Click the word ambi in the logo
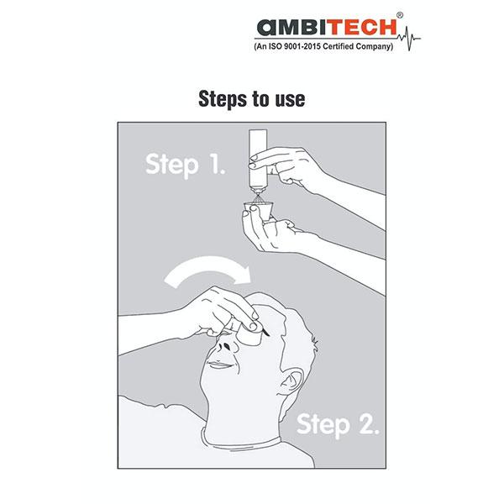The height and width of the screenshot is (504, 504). [x=289, y=27]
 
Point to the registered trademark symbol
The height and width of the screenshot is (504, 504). [x=400, y=15]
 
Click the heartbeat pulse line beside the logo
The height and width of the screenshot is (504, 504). [x=408, y=39]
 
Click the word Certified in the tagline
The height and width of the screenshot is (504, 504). [x=338, y=46]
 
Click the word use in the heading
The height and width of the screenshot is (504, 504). [x=290, y=100]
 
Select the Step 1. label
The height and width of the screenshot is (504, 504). [x=185, y=165]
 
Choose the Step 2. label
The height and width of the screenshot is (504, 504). [x=338, y=425]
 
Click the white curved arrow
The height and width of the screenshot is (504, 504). [x=208, y=267]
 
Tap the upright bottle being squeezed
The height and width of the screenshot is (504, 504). [x=258, y=159]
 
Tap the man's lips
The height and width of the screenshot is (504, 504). [x=221, y=365]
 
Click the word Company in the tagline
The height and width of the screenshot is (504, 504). [x=375, y=47]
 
